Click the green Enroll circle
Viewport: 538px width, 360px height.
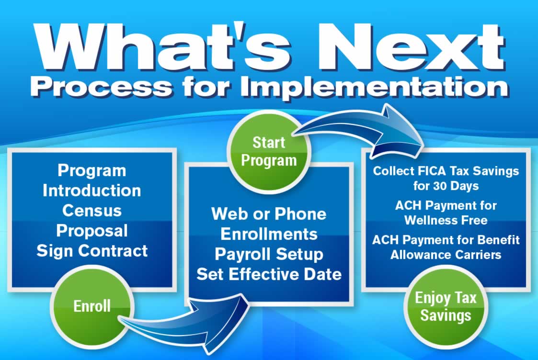coord(92,306)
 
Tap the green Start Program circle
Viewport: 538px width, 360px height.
coord(269,152)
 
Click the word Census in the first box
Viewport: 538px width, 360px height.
coord(92,211)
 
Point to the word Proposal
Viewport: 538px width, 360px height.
coord(92,231)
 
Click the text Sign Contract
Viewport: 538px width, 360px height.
coord(92,251)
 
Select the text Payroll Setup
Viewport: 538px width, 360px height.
coord(269,254)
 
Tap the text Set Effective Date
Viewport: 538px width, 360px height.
coord(269,274)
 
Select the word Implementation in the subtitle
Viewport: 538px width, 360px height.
coord(374,87)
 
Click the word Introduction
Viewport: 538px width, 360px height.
coord(92,191)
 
